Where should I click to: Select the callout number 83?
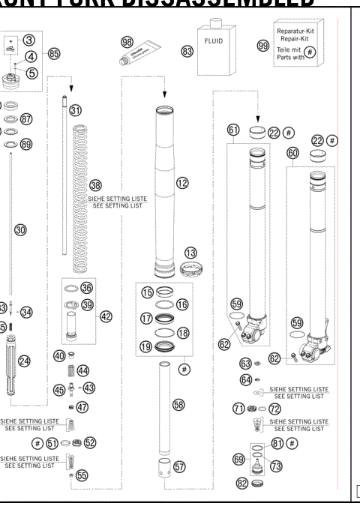[186, 51]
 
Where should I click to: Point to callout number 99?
[262, 46]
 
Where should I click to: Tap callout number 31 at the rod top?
[76, 110]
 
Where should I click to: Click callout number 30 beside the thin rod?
[22, 231]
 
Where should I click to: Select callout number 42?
[106, 317]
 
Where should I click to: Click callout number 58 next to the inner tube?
[178, 404]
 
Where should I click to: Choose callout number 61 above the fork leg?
[234, 130]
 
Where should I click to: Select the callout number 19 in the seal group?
[148, 346]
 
